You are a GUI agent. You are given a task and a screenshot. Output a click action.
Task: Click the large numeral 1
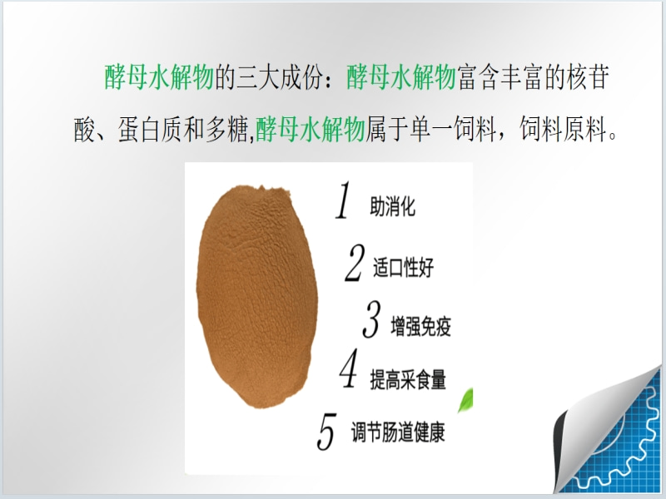(x=344, y=200)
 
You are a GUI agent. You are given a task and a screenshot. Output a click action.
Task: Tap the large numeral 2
(x=355, y=263)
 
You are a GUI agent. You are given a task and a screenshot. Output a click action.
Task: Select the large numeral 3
(x=371, y=319)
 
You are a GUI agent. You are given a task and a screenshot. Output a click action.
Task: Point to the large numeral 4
(x=349, y=368)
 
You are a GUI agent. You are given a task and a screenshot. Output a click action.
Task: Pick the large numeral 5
(x=326, y=432)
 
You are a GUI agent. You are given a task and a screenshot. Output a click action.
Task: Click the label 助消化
(x=392, y=206)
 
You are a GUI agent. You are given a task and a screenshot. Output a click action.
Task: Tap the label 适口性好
(x=404, y=268)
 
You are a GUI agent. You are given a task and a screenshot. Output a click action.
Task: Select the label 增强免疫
(x=421, y=326)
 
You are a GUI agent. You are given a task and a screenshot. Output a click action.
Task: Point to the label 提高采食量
(x=408, y=379)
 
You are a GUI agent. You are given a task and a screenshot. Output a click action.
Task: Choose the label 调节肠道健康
(x=398, y=432)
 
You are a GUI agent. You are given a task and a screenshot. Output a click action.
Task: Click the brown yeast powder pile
(x=257, y=296)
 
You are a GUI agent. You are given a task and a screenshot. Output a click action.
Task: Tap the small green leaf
(x=465, y=400)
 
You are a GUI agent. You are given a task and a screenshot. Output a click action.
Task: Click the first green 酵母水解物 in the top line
(x=159, y=77)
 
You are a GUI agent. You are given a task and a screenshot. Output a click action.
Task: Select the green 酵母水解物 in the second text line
(x=311, y=129)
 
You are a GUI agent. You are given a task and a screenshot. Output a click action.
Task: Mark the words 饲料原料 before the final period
(x=564, y=129)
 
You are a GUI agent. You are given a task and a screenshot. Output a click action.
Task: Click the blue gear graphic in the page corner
(x=624, y=442)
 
